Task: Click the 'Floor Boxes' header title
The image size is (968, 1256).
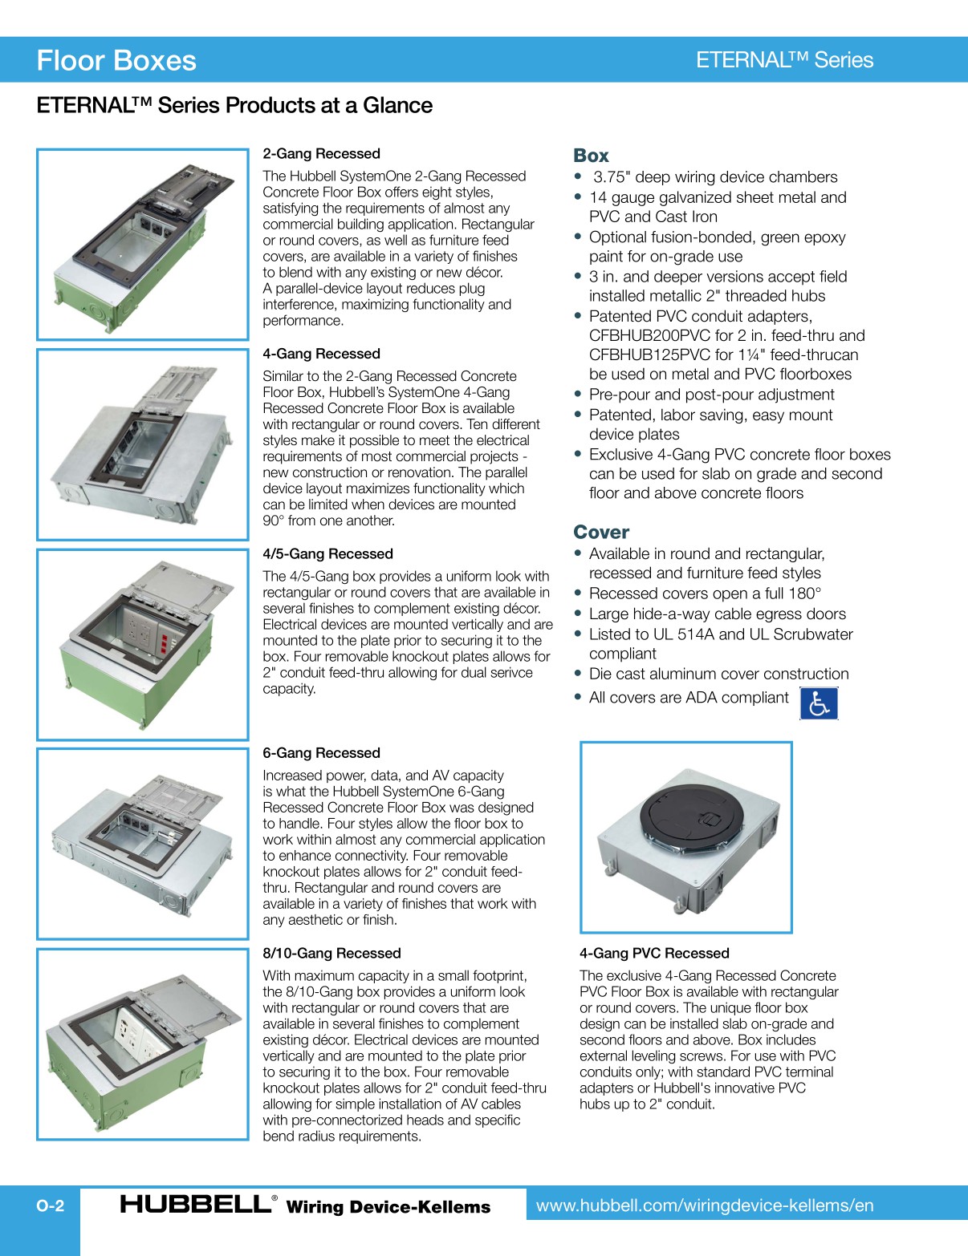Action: click(x=116, y=61)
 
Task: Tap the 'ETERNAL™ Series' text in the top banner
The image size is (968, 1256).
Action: click(x=784, y=60)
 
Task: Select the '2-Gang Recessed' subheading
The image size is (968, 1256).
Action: click(x=321, y=154)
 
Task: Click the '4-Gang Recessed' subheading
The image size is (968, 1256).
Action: click(x=321, y=354)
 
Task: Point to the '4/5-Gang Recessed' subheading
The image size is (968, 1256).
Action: click(x=327, y=554)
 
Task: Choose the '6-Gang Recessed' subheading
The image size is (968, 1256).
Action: click(x=321, y=753)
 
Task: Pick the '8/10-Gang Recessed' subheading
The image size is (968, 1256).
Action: click(x=331, y=954)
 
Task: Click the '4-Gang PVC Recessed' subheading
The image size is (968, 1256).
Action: click(x=654, y=954)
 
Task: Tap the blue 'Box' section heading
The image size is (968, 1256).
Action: click(x=591, y=156)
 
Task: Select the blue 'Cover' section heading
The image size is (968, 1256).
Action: click(x=601, y=533)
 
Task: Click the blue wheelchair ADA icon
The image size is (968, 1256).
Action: click(x=819, y=703)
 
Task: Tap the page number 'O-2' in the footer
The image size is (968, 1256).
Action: click(x=50, y=1205)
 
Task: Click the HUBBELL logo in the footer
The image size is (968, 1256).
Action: click(x=196, y=1204)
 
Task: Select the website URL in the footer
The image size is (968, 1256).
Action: click(x=705, y=1205)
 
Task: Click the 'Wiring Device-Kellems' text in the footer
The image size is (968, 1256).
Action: click(x=388, y=1207)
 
